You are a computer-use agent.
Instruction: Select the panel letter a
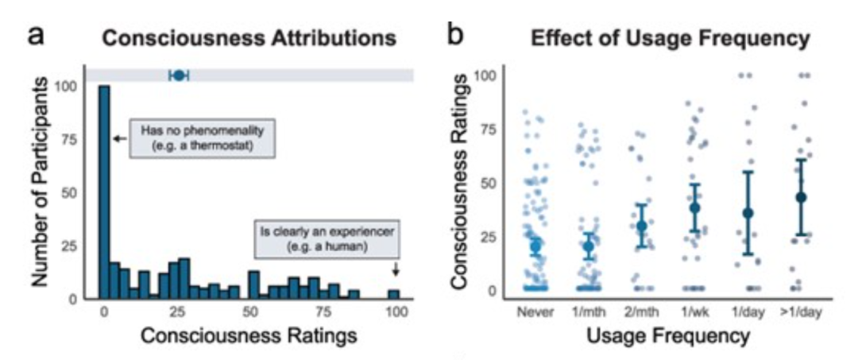36,35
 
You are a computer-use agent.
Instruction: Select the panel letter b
455,35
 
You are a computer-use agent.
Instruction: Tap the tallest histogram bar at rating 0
104,191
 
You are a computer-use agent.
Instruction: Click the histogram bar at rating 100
394,294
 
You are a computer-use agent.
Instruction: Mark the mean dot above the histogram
179,75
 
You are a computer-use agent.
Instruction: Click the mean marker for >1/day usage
801,197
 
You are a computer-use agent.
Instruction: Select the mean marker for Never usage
535,246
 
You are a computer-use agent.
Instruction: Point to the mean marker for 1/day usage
748,213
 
